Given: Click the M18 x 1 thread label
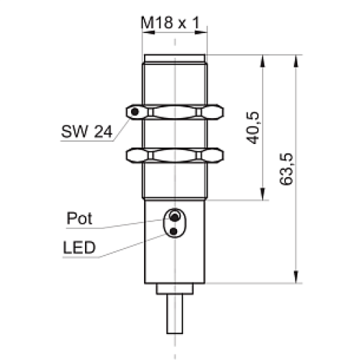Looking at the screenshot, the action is (170, 23).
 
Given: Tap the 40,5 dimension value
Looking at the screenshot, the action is (253, 127).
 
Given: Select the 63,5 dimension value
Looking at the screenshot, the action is (286, 168).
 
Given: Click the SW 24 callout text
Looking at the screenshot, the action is (86, 131).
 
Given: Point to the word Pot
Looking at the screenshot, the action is (79, 218).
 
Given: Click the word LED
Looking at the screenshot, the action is (79, 248).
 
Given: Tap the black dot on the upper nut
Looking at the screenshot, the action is (135, 112).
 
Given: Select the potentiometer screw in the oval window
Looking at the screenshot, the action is (174, 217).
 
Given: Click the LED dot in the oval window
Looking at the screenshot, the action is (174, 231).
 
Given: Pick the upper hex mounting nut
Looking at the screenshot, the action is (175, 112).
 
